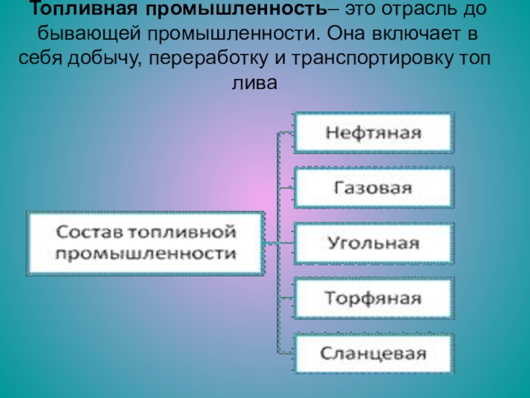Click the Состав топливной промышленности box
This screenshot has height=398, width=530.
(x=145, y=243)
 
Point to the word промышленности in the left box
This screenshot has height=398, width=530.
(x=146, y=254)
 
